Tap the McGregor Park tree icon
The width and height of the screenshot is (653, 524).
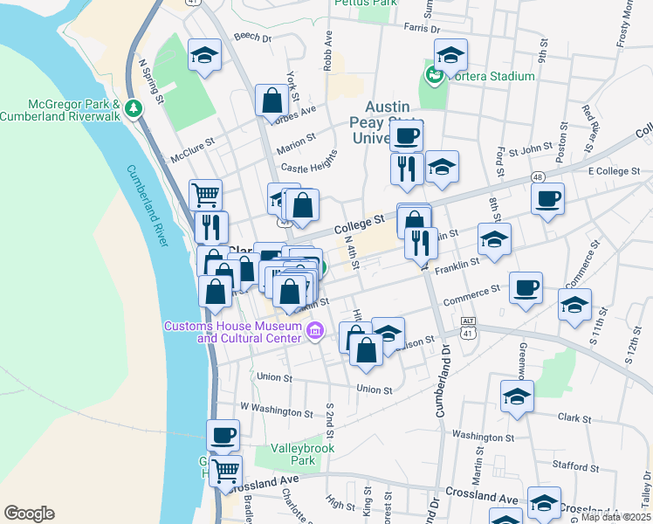(x=133, y=109)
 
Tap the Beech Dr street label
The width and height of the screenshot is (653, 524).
(x=253, y=38)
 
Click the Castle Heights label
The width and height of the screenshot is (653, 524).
(x=308, y=166)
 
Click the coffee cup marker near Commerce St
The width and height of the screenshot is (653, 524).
(x=526, y=288)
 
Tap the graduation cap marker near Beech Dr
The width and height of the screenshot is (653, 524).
(x=204, y=56)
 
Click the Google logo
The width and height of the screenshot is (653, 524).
(x=29, y=514)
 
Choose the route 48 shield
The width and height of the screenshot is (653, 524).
(x=537, y=177)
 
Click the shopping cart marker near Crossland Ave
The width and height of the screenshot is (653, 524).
(x=226, y=471)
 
